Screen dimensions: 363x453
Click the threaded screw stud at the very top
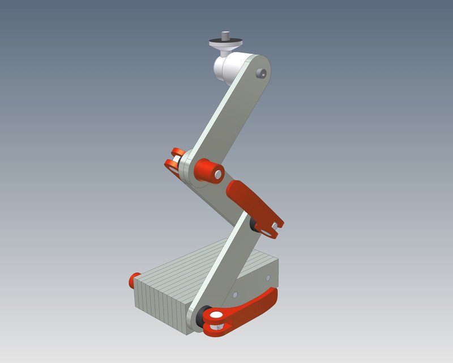(226, 35)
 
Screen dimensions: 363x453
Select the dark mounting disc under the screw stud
(226, 43)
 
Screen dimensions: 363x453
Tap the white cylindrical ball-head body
(226, 67)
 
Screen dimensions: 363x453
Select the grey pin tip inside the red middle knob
(217, 173)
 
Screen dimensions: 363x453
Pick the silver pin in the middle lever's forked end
(275, 226)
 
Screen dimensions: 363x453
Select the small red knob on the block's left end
(134, 278)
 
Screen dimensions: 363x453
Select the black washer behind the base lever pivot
(200, 319)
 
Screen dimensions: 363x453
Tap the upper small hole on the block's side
(268, 278)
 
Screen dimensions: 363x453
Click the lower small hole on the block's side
(236, 295)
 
